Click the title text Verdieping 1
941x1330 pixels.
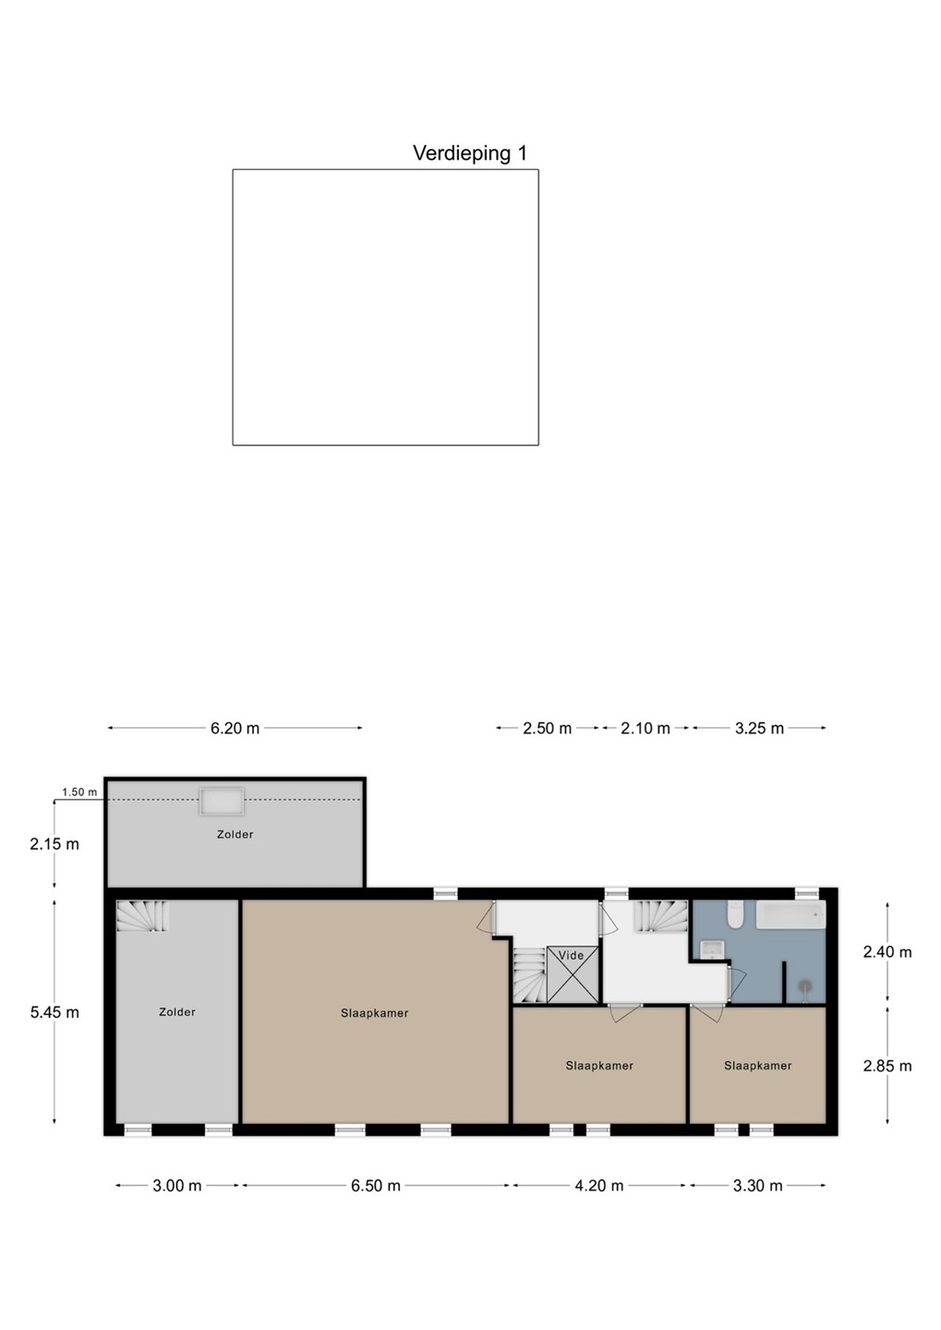(470, 153)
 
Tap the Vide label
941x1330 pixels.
(571, 955)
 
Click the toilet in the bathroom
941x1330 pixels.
(736, 914)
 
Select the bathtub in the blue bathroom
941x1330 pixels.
(790, 915)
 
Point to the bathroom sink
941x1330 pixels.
(711, 949)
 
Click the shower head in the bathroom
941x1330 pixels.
(805, 986)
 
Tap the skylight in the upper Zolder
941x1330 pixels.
(222, 802)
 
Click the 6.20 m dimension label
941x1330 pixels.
(235, 728)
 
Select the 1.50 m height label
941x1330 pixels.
(79, 792)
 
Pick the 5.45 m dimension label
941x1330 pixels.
(54, 1011)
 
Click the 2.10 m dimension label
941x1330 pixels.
(645, 728)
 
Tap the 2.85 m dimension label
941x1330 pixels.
(887, 1066)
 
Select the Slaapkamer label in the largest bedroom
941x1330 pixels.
(375, 1013)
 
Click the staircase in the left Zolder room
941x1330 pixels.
(142, 915)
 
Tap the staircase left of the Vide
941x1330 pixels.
(529, 974)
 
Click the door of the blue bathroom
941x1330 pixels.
(734, 985)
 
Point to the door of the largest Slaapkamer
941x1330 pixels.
(487, 918)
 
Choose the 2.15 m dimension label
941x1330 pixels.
(54, 844)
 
